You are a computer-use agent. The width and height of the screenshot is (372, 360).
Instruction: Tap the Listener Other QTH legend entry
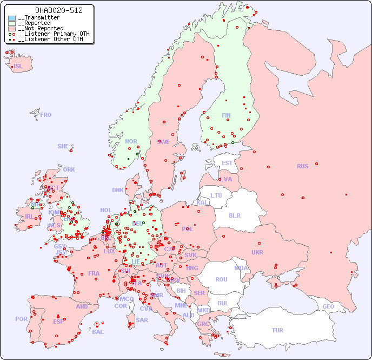click(48, 39)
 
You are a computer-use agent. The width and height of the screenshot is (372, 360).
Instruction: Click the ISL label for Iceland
click(18, 67)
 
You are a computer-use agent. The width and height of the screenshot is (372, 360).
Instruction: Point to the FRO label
click(46, 115)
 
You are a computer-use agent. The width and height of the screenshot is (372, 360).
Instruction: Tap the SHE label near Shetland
click(63, 146)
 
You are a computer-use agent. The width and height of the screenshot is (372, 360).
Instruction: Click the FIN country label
click(226, 115)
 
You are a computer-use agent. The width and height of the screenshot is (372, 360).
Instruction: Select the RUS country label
click(302, 166)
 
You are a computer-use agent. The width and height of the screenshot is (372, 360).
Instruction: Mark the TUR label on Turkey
click(277, 330)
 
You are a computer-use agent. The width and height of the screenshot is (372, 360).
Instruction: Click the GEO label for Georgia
click(328, 306)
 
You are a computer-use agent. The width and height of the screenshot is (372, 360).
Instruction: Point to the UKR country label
click(257, 252)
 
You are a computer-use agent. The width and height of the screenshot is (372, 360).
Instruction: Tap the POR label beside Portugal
click(21, 319)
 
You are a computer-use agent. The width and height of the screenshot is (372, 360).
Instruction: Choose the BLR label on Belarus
click(234, 215)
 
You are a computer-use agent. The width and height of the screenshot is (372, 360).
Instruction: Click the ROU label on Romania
click(221, 279)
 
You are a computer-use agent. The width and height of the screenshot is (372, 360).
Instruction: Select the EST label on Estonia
click(227, 163)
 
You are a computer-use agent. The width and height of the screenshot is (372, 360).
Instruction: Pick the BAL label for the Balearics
click(97, 332)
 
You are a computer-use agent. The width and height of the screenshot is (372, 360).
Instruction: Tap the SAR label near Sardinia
click(142, 320)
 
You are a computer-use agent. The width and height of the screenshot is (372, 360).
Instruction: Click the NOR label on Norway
click(131, 141)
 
